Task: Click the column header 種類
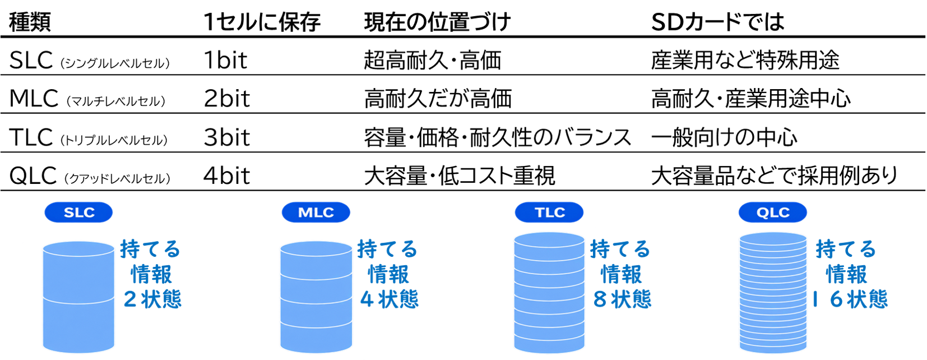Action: point(30,22)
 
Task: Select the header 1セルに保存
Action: point(262,22)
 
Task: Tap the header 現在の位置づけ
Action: point(437,22)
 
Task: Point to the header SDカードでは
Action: point(718,22)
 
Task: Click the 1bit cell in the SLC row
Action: point(225,60)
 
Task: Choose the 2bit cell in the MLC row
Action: point(227,99)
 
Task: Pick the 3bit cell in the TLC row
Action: point(227,137)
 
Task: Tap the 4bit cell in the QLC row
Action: point(227,176)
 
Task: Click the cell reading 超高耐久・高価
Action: point(433,60)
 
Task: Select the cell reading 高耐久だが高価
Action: point(438,99)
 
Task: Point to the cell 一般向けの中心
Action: point(724,137)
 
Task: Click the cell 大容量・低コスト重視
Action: point(460,176)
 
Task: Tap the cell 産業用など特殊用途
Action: point(745,60)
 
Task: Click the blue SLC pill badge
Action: point(78,213)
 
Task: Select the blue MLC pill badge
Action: point(316,213)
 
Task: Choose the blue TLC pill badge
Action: point(549,213)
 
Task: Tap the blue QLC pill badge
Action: point(773,213)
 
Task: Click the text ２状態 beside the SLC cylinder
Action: point(152,299)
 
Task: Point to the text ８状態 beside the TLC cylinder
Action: point(622,299)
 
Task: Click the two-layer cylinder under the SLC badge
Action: point(78,297)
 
